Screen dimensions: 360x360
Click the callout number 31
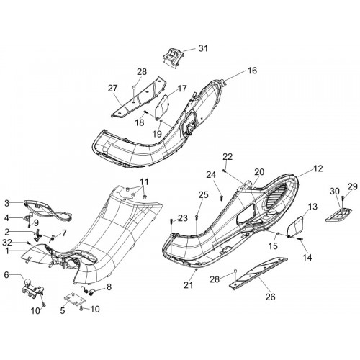pyautogui.click(x=203, y=48)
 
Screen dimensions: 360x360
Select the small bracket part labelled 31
pyautogui.click(x=172, y=58)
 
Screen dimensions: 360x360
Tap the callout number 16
pyautogui.click(x=252, y=71)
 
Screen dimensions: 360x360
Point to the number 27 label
pyautogui.click(x=113, y=89)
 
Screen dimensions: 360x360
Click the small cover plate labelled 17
pyautogui.click(x=162, y=107)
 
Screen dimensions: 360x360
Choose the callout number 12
pyautogui.click(x=318, y=168)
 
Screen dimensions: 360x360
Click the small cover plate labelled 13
pyautogui.click(x=295, y=227)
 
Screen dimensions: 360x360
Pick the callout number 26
pyautogui.click(x=270, y=297)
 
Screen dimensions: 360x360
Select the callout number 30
pyautogui.click(x=335, y=192)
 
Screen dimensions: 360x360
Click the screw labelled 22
pyautogui.click(x=224, y=171)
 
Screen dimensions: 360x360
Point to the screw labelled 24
pyautogui.click(x=222, y=198)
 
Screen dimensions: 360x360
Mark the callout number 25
pyautogui.click(x=203, y=194)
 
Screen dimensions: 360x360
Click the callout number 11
pyautogui.click(x=144, y=181)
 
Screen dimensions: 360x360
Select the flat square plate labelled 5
pyautogui.click(x=75, y=298)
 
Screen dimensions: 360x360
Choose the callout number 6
pyautogui.click(x=6, y=275)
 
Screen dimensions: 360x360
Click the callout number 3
pyautogui.click(x=7, y=204)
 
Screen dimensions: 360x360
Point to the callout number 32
pyautogui.click(x=7, y=243)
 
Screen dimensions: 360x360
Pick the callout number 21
pyautogui.click(x=189, y=285)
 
